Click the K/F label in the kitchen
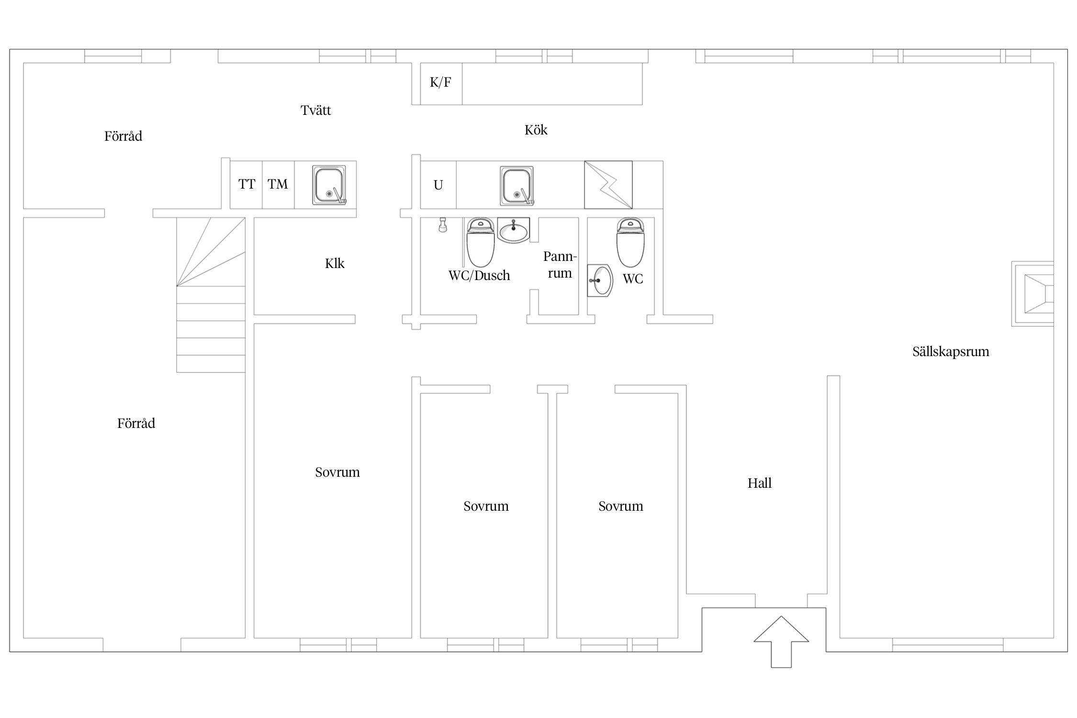coord(440,82)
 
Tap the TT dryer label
coord(247,184)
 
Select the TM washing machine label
coord(278,184)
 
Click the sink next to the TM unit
coord(329,185)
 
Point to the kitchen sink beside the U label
coord(517,186)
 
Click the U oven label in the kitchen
coord(438,185)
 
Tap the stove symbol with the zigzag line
coord(608,185)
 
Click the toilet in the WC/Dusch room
coord(480,242)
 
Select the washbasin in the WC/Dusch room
coord(514,230)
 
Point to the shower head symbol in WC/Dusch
coord(443,225)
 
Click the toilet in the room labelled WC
coord(630,242)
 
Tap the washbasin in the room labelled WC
coord(600,280)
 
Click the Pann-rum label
coord(560,265)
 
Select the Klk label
coord(335,263)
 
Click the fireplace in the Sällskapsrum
coord(1032,294)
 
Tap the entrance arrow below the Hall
coord(781,641)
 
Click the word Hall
coord(760,483)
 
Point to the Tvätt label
coord(316,110)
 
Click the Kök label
coord(536,130)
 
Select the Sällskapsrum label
coord(951,352)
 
